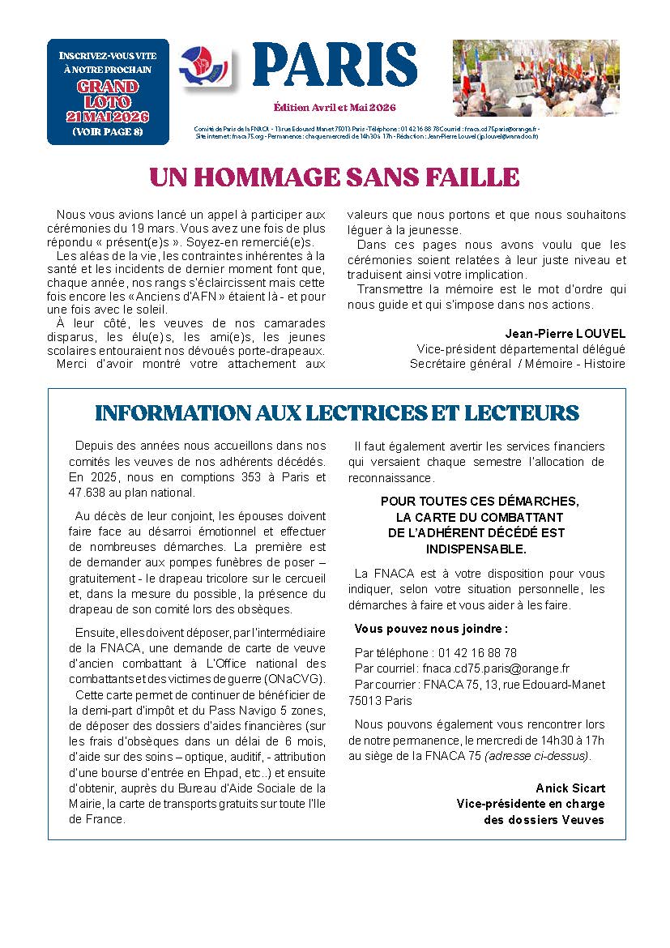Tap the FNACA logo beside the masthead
click(204, 64)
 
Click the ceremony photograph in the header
click(536, 78)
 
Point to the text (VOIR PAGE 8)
click(108, 131)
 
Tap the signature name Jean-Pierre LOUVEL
click(565, 334)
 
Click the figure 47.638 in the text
click(87, 493)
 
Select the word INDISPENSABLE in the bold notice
click(475, 549)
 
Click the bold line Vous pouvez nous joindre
click(431, 629)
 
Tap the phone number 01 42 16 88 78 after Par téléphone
click(477, 652)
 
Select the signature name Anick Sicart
click(570, 788)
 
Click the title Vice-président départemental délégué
click(521, 349)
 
